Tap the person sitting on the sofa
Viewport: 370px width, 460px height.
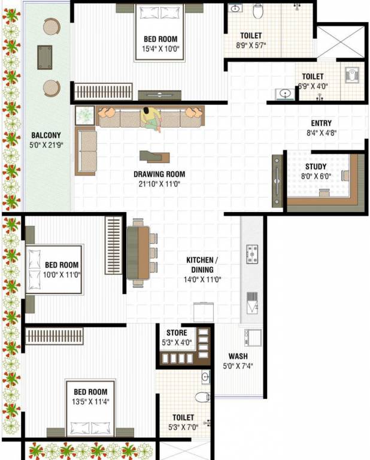pos(151,117)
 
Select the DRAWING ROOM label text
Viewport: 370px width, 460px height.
pos(159,175)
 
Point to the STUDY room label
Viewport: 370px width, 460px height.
pos(316,167)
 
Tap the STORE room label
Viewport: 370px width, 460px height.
pos(177,332)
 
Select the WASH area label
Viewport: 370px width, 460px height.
pos(238,356)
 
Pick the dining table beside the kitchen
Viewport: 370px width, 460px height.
pos(140,252)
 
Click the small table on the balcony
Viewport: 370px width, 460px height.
pos(44,58)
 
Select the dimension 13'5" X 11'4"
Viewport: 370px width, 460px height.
pos(87,402)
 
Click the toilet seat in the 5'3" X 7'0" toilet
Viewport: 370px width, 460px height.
pos(202,396)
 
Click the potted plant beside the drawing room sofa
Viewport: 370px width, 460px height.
pos(85,114)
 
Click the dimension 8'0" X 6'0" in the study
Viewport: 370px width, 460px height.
pos(316,177)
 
